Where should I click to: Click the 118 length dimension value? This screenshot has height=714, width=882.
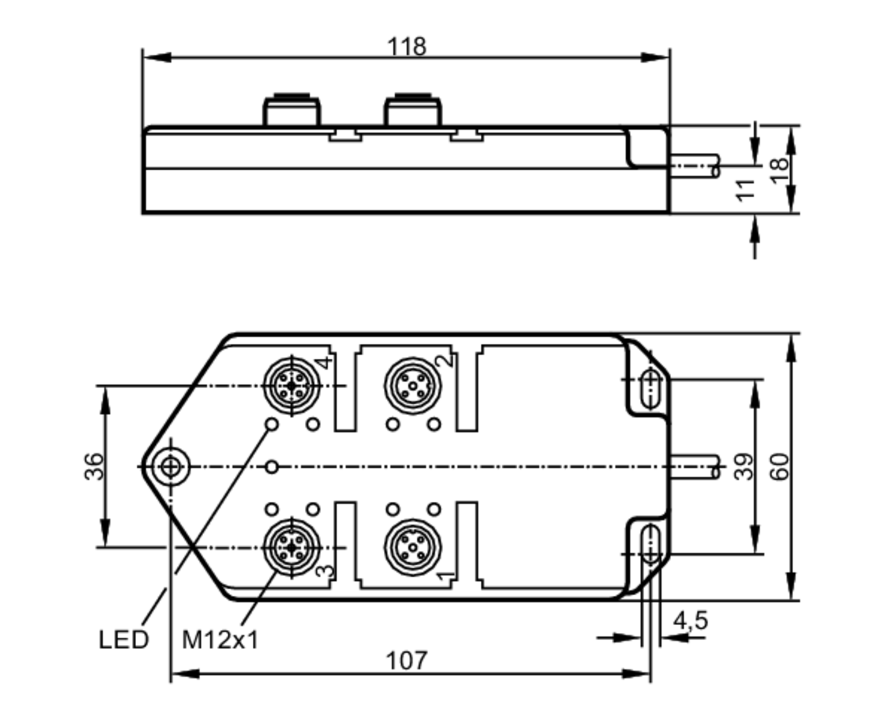[407, 46]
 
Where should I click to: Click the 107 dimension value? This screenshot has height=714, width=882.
[406, 661]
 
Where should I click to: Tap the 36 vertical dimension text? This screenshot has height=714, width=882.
[94, 466]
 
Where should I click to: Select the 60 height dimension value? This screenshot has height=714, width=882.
[779, 466]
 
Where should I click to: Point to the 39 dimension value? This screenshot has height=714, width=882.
[744, 466]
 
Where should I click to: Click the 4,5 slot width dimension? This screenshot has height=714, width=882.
[690, 621]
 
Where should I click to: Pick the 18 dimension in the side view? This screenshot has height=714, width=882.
[779, 171]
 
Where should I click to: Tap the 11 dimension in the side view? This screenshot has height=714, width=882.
[745, 190]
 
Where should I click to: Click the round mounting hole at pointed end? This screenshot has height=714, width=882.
[171, 467]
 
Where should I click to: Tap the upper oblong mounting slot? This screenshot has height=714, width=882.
[651, 389]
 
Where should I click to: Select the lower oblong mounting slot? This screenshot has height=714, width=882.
[651, 544]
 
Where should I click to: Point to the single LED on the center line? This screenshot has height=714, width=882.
[272, 467]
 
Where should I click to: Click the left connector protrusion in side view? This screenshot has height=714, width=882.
[292, 112]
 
